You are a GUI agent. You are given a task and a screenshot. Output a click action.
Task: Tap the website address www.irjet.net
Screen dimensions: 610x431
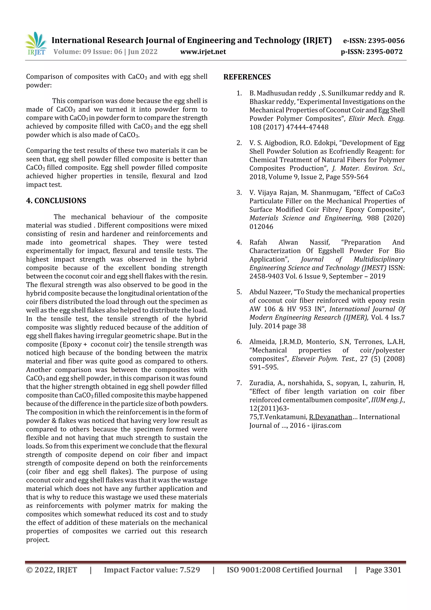point(203,52)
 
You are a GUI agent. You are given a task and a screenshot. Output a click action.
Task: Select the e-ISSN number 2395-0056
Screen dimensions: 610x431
point(386,41)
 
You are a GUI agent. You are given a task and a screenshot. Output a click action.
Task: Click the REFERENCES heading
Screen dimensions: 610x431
point(247,77)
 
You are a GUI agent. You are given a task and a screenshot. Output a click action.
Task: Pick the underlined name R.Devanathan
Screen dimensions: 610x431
point(330,417)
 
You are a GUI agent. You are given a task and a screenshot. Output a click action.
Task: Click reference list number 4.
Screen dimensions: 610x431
point(239,242)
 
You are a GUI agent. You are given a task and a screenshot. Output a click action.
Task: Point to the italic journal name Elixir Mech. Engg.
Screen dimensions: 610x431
point(376,119)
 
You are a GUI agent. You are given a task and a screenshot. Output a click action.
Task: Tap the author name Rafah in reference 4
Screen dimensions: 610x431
point(258,242)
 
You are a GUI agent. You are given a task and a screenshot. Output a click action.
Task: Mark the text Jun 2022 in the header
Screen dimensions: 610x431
point(143,52)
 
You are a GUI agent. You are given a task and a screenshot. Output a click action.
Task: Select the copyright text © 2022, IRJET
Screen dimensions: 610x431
point(52,570)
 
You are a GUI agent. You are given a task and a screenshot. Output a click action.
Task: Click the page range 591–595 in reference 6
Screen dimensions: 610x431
point(263,367)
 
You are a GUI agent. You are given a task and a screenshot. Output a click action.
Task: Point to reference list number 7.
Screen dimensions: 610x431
point(239,383)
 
